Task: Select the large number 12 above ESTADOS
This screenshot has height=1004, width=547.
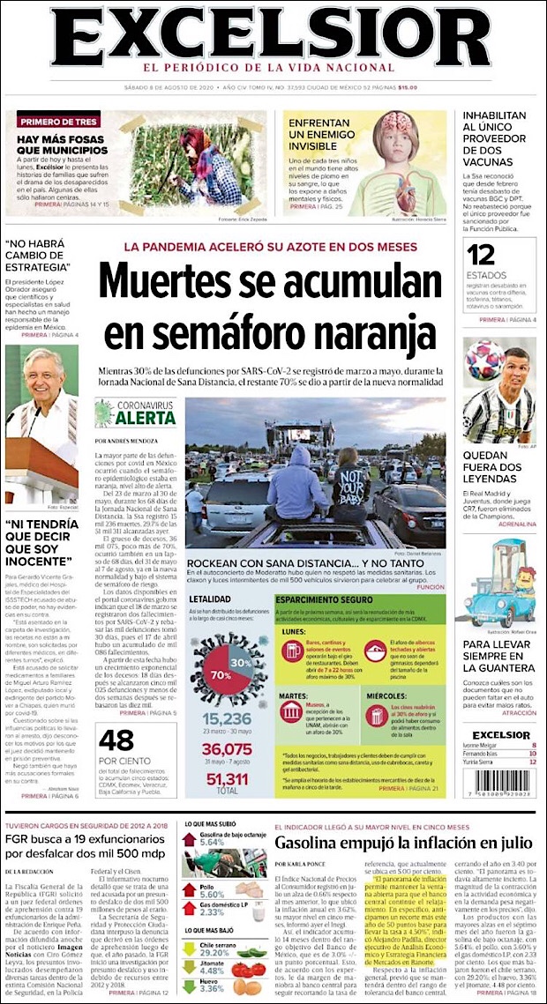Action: click(482, 256)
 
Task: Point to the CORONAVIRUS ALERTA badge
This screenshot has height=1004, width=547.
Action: click(130, 413)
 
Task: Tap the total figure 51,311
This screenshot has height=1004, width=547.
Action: click(228, 780)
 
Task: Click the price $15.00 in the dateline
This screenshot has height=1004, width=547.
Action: click(407, 87)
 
